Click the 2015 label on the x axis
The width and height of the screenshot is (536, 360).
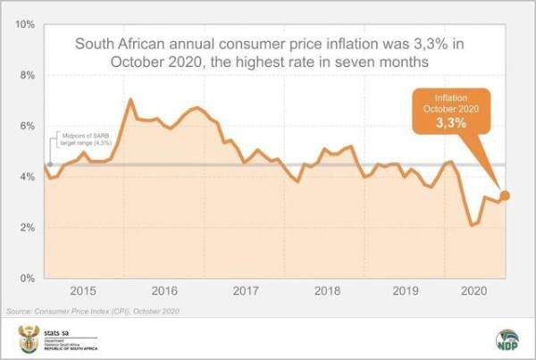82,290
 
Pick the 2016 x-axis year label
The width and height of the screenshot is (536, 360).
163,290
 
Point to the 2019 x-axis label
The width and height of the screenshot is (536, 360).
406,290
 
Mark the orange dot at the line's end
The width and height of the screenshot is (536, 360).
505,196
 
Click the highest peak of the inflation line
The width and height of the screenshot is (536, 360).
131,98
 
